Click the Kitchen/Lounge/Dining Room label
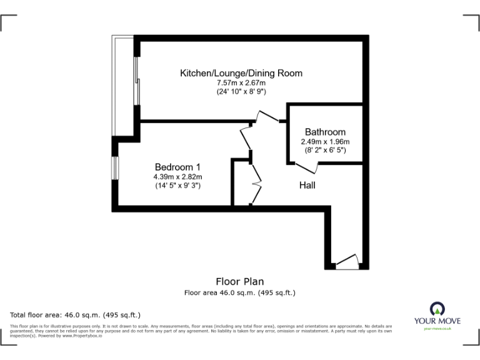pos(241,73)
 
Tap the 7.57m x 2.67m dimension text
pos(241,82)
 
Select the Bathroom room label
pos(325,132)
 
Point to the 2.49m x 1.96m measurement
pos(325,141)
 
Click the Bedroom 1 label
pos(177,167)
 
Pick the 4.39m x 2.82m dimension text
pos(177,176)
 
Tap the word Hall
pos(307,185)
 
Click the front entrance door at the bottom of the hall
pos(347,261)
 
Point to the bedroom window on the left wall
pos(116,167)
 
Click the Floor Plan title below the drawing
pos(240,281)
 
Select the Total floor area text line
pos(76,314)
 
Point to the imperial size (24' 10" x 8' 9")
pos(241,92)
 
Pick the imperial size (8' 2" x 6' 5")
pos(325,151)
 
